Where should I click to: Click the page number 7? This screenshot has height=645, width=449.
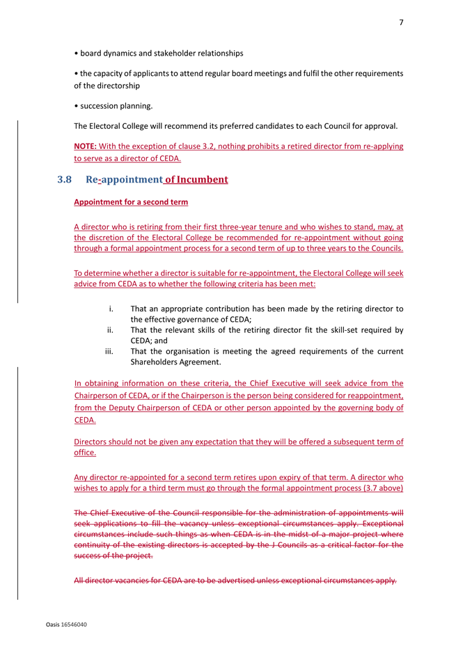coord(401,22)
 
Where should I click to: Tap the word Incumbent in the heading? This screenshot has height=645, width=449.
coord(202,179)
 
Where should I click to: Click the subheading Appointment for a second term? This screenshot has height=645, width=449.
coord(131,202)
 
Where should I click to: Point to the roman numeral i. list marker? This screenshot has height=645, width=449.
coord(111,309)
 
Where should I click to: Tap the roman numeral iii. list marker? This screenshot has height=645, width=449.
coord(109,352)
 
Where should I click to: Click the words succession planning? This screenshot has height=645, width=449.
coord(116,106)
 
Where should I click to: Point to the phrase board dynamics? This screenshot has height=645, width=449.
coord(113,53)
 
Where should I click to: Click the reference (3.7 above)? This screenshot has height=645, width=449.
coord(379,489)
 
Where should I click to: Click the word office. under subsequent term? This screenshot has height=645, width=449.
coord(85,453)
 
